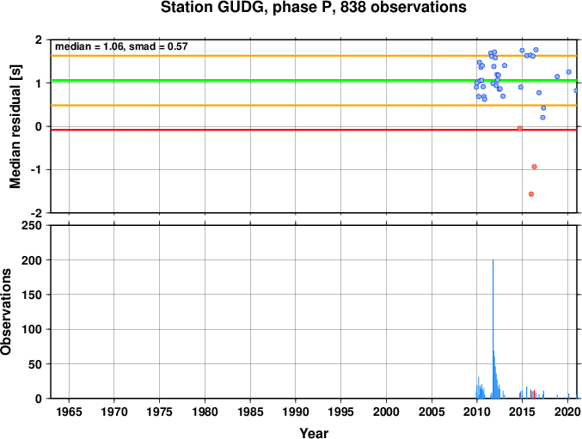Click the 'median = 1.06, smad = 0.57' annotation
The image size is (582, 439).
coord(121,46)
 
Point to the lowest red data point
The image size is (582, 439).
coord(531,194)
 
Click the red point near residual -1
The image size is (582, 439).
coord(534,167)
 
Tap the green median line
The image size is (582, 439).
coord(314,81)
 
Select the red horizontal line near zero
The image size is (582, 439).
coord(314,130)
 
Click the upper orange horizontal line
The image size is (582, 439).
coord(314,56)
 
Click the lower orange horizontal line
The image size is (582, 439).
coord(314,106)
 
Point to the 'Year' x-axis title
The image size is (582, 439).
coord(314,433)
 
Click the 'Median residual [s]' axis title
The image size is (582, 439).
coord(15,126)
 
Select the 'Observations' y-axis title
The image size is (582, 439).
coord(6,312)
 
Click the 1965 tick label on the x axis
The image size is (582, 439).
coord(69,412)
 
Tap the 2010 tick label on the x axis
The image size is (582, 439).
coord(476,412)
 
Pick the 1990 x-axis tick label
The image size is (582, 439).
coord(296,412)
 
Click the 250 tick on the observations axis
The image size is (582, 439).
coord(32,225)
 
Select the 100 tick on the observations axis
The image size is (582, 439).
coord(32,329)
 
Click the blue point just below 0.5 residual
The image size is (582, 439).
coord(543,108)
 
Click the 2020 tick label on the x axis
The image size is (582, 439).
coord(567,412)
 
